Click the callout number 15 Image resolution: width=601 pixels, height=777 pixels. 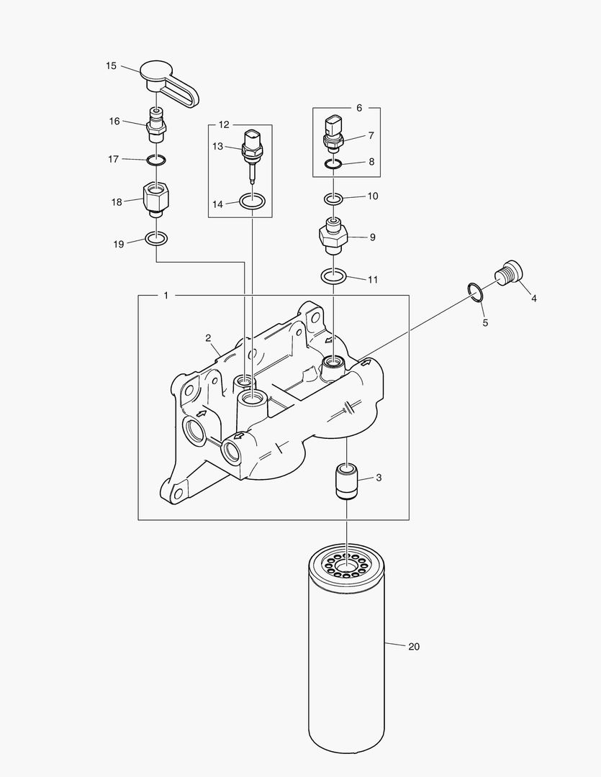(x=111, y=66)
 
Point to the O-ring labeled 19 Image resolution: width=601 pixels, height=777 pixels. (x=157, y=238)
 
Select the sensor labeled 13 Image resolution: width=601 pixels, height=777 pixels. (x=253, y=147)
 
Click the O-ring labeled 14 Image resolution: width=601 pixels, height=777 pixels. (x=253, y=201)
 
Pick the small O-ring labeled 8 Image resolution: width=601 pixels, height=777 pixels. (x=333, y=165)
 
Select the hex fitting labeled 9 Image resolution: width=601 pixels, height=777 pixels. (x=333, y=235)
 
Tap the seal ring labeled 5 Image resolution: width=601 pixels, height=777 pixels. (x=476, y=291)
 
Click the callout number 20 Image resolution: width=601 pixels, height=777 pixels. (x=413, y=647)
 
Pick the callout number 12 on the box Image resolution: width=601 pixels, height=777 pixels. (x=224, y=124)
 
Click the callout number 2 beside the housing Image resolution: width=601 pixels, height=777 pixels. (x=207, y=337)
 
